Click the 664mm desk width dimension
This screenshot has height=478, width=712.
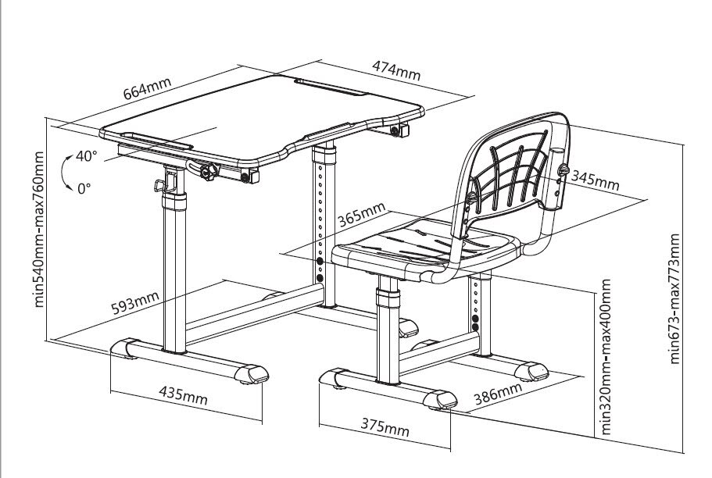click(x=147, y=88)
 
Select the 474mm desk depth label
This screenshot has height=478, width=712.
click(x=396, y=70)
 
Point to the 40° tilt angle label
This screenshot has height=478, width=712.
click(x=86, y=155)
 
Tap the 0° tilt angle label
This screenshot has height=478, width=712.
click(x=84, y=188)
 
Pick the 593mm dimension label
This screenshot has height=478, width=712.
click(x=135, y=303)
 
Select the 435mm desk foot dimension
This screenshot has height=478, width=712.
click(x=183, y=395)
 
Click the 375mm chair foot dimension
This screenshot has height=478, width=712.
click(x=385, y=426)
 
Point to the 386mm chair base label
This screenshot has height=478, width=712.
click(x=498, y=394)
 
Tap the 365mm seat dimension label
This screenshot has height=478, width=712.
click(x=361, y=214)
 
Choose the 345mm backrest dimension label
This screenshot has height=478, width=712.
click(x=595, y=180)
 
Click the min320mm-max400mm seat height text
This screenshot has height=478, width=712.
click(x=606, y=357)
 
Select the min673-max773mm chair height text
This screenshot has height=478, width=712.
click(x=674, y=298)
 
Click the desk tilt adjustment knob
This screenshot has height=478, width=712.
click(x=209, y=172)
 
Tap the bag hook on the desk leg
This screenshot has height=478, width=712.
click(x=160, y=185)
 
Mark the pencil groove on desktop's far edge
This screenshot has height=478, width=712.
click(x=331, y=87)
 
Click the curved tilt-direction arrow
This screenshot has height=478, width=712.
click(x=63, y=173)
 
